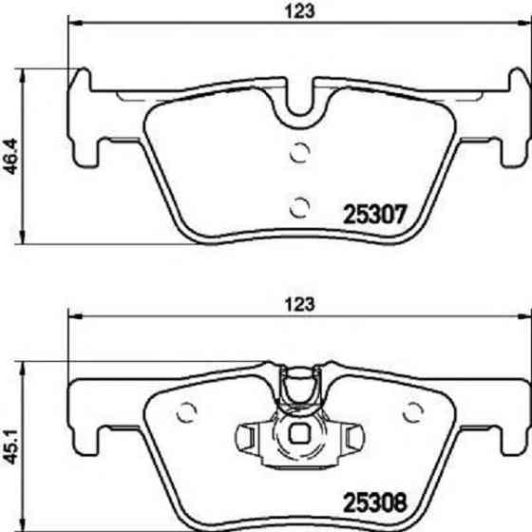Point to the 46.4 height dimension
(10, 152)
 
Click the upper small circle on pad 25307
(299, 150)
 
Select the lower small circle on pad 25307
(299, 203)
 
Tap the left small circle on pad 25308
(187, 413)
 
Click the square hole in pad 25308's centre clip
(300, 438)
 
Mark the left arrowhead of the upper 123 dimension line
(72, 28)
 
